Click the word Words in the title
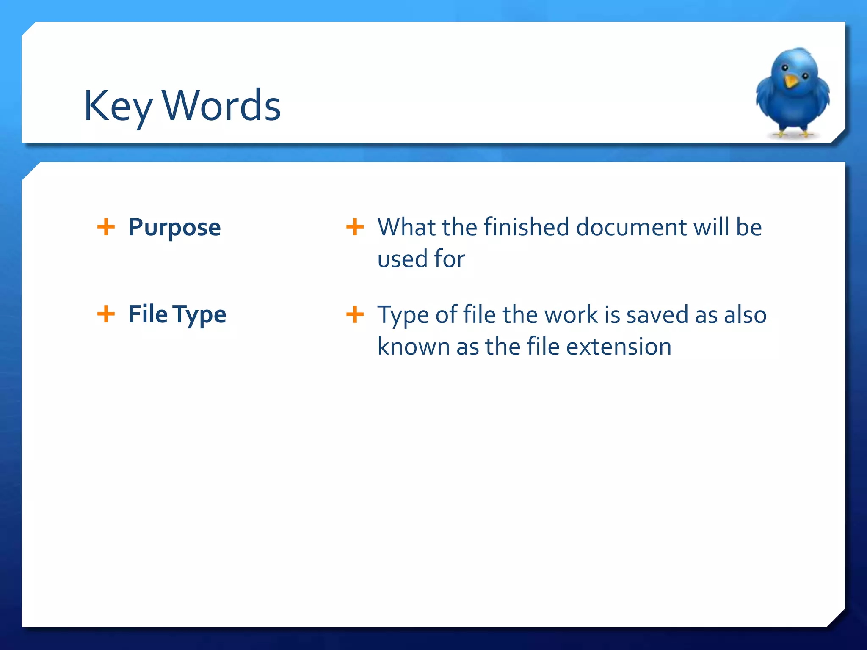coord(221,106)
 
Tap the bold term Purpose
coord(174,227)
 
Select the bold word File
coord(148,314)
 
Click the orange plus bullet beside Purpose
coord(106,227)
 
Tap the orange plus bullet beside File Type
coord(106,314)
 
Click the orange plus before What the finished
coord(355,227)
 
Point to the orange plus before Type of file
coord(355,314)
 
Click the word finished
coord(527,227)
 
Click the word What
coord(406,227)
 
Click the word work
coord(571,315)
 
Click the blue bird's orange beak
coord(790,81)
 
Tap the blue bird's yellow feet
coord(793,134)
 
